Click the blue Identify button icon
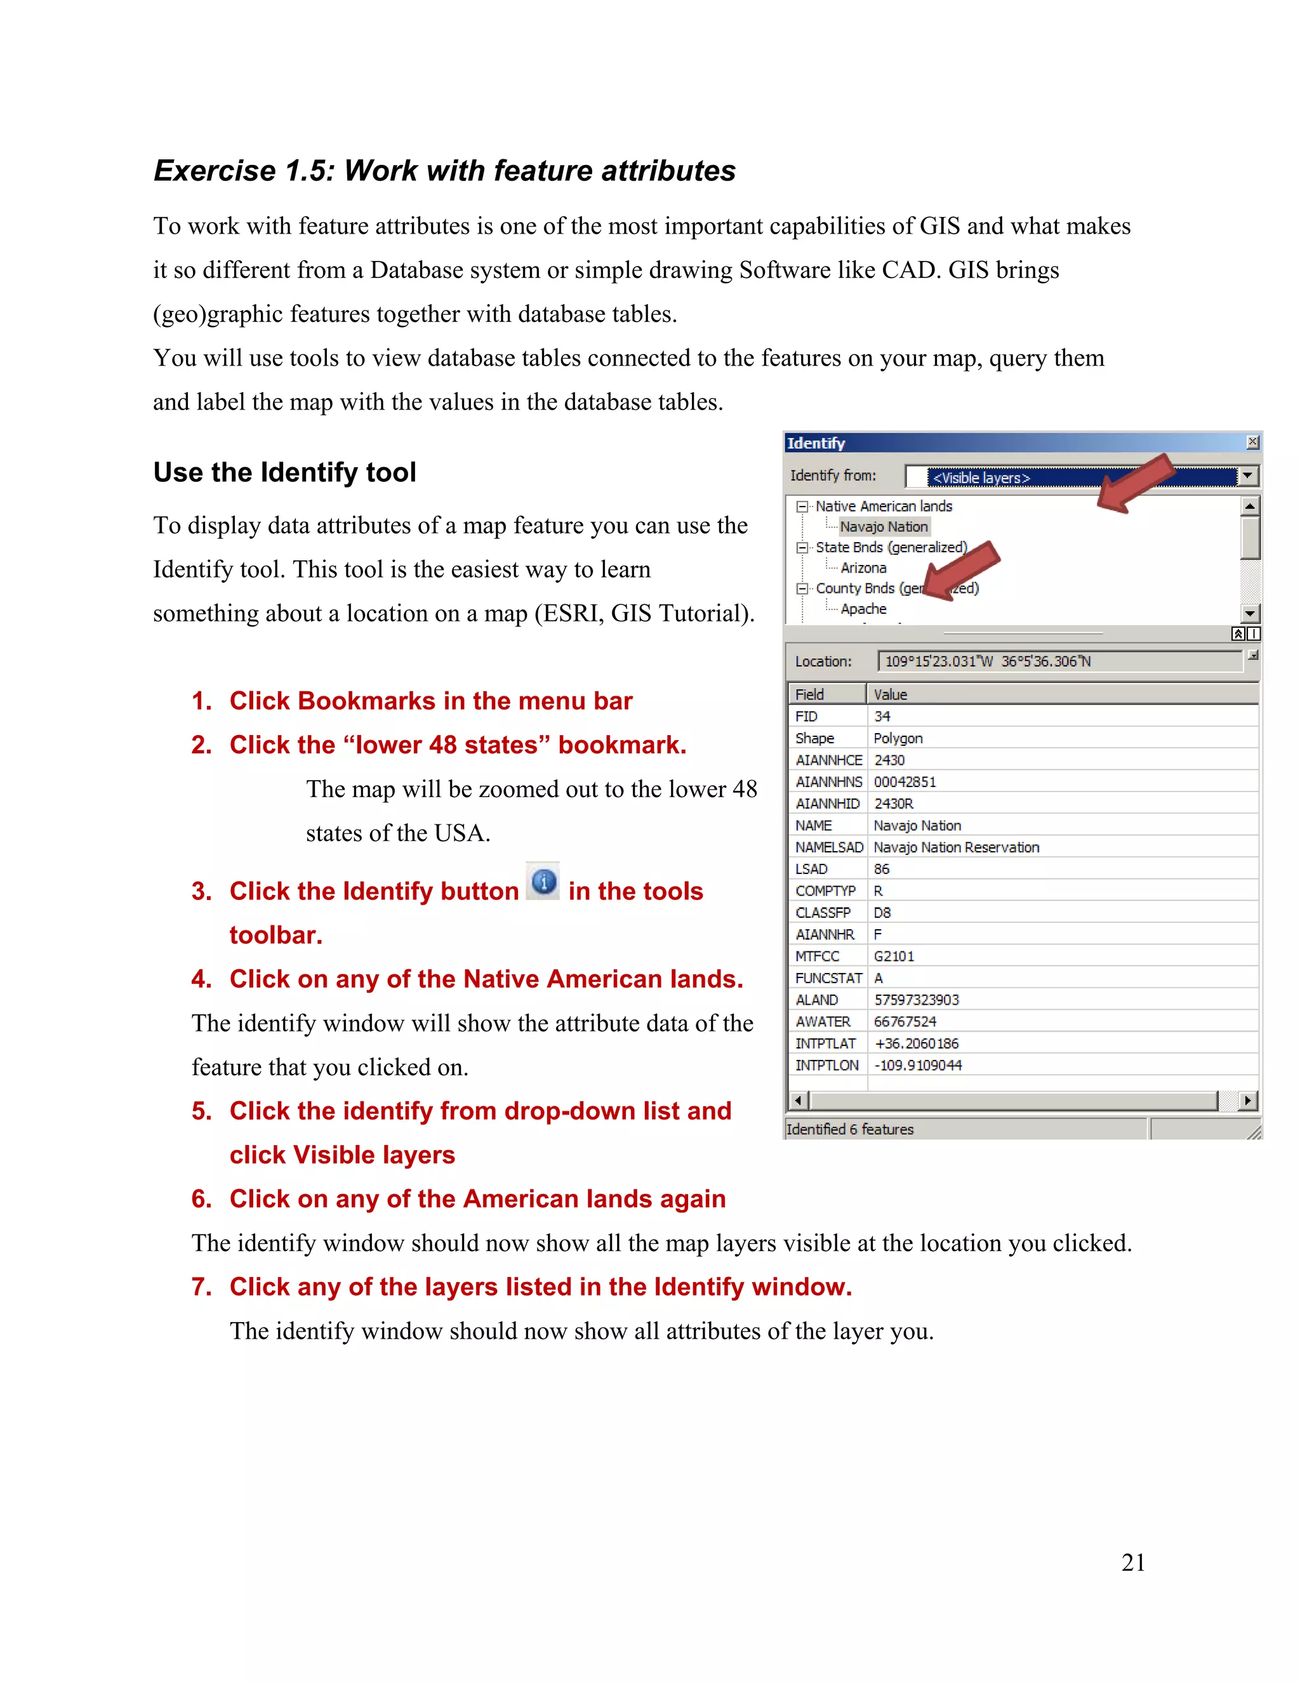544,882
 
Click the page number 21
1133,1562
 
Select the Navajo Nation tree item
884,527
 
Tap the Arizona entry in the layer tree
863,567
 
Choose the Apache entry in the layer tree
863,609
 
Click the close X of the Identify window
1252,442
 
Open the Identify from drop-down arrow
1247,476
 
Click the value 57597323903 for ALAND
917,1000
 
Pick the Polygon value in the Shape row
898,738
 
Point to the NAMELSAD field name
828,847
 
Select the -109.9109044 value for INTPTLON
918,1065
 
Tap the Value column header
891,694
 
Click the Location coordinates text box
1059,661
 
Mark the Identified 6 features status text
849,1129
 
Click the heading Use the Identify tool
284,472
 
